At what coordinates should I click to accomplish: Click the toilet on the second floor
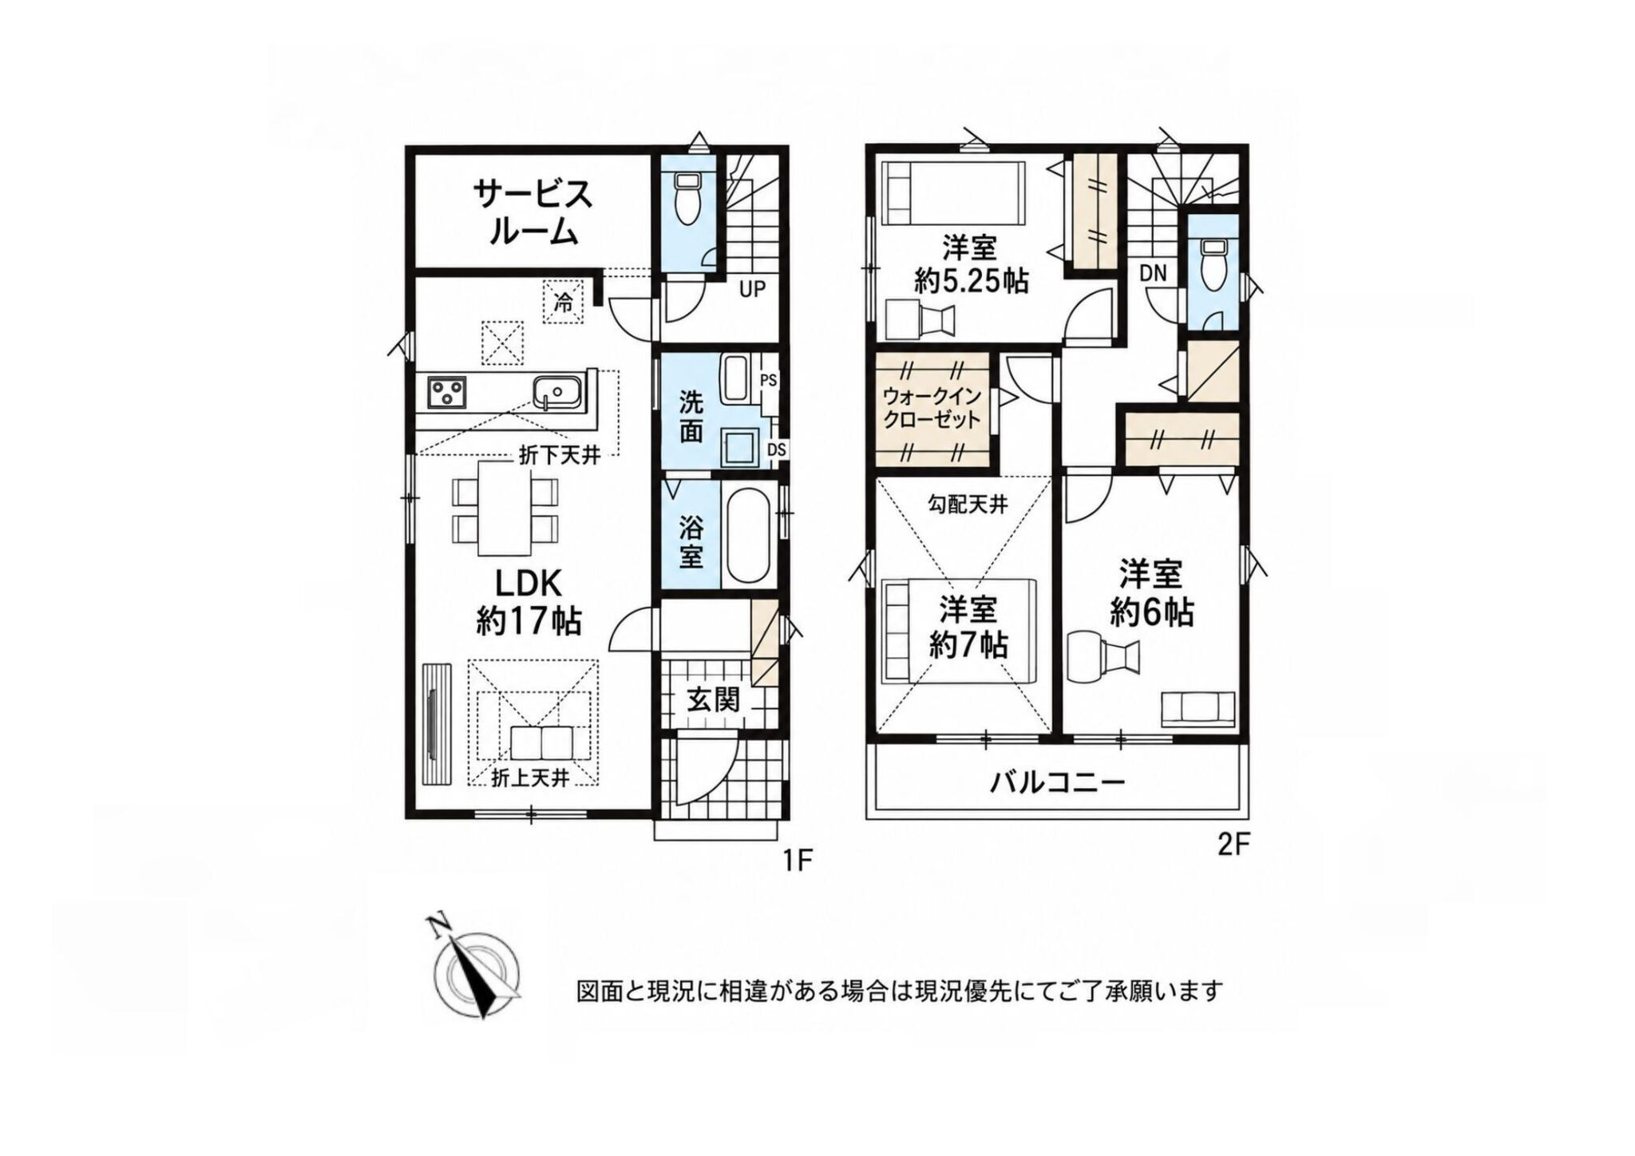tap(1213, 264)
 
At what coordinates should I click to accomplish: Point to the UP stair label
tap(751, 289)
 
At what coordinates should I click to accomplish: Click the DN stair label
tap(1153, 273)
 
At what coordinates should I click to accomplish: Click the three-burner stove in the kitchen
tap(447, 392)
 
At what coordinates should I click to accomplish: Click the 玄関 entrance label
tap(713, 701)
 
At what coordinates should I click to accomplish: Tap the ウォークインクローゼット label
tap(932, 408)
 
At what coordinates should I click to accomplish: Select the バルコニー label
tap(1058, 782)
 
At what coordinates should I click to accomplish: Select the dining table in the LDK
tap(505, 508)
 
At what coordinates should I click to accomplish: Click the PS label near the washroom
tap(768, 381)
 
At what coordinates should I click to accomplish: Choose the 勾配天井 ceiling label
tap(968, 505)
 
